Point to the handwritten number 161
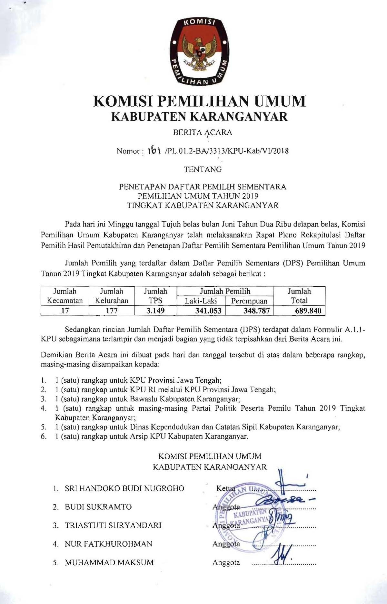(x=154, y=150)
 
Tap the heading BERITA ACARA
(x=203, y=132)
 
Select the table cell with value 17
(x=65, y=311)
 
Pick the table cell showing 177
(x=112, y=311)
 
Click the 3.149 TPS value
(x=155, y=311)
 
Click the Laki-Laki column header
(x=201, y=301)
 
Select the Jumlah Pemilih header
(x=225, y=291)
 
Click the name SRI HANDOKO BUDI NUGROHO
(x=124, y=488)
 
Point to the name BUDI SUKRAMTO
(x=98, y=507)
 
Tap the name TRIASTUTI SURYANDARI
(x=113, y=525)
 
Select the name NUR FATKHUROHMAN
(x=108, y=544)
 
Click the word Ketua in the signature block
(x=225, y=488)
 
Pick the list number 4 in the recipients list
(x=44, y=408)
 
